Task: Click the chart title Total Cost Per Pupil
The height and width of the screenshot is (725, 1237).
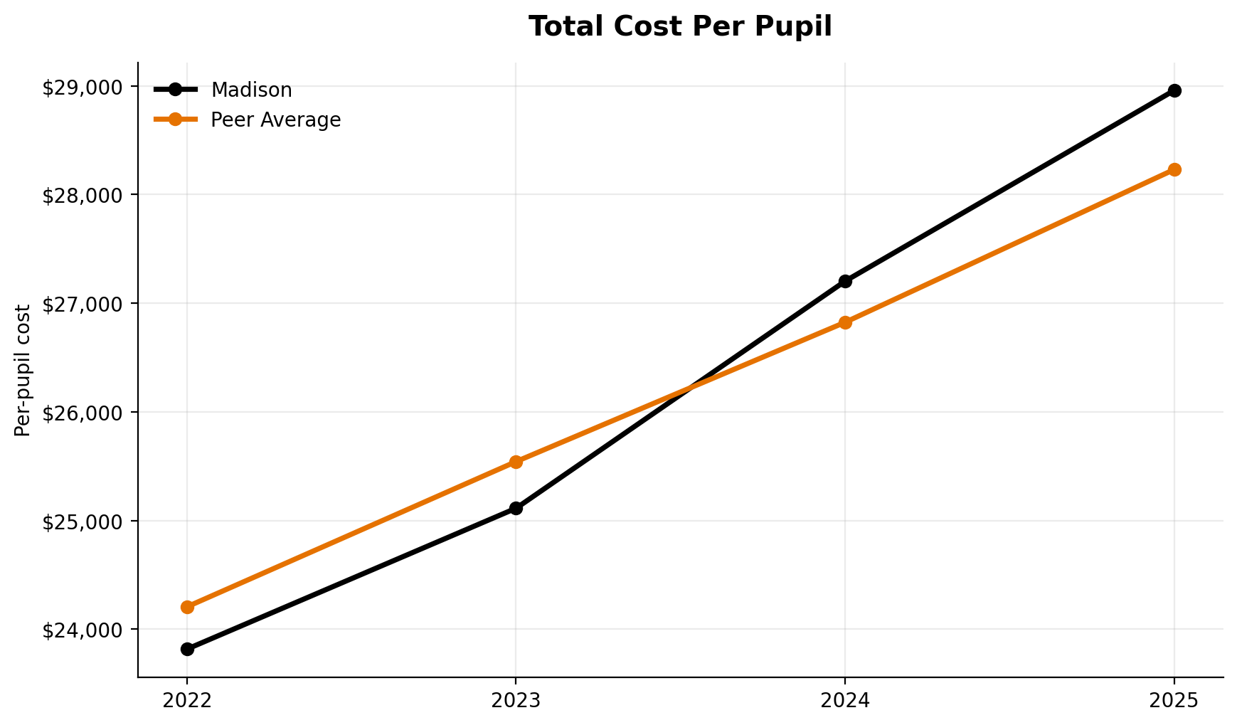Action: click(x=680, y=27)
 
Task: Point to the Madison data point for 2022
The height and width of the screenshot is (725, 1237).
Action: click(x=187, y=649)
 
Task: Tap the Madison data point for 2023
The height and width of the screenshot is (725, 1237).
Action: click(x=516, y=508)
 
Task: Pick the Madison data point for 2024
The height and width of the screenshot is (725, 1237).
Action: click(x=845, y=281)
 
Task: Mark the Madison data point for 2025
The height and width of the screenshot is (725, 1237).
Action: click(x=1174, y=90)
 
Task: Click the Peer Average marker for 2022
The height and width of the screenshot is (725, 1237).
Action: click(x=187, y=607)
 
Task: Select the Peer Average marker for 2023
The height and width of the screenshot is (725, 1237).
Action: click(x=516, y=462)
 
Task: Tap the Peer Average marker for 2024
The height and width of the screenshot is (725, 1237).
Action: click(x=845, y=322)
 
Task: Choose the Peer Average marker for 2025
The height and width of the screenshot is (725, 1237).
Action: click(x=1174, y=169)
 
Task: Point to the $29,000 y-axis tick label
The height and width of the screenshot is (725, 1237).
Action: click(x=82, y=87)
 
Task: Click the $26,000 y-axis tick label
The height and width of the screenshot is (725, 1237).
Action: click(x=82, y=413)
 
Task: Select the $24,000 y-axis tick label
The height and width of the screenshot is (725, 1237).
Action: click(x=82, y=630)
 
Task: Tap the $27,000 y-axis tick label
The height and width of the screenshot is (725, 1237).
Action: click(x=82, y=304)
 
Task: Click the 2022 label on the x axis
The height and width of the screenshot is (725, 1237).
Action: click(x=187, y=701)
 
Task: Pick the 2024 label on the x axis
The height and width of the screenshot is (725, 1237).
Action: click(x=845, y=701)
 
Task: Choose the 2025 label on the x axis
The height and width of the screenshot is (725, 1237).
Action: click(x=1174, y=701)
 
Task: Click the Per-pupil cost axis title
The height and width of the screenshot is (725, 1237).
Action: click(x=23, y=371)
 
